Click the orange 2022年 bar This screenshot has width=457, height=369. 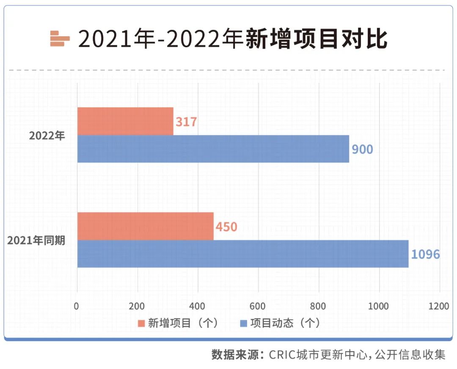point(125,121)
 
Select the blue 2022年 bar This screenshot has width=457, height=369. point(213,149)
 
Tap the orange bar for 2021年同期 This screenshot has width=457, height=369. point(145,226)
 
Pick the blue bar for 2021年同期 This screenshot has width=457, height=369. point(242,254)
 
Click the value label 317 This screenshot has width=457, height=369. point(186,122)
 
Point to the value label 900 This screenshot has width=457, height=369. point(362,149)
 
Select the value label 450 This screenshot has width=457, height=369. point(226,227)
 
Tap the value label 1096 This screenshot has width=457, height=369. point(426,254)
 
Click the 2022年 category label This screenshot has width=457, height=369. point(47,136)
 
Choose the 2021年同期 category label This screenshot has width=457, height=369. point(36,241)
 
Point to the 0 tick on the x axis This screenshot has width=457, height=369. point(77,306)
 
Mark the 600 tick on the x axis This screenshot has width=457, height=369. point(258,306)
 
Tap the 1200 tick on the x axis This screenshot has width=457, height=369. point(438,306)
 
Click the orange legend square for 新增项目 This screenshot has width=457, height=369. point(141,324)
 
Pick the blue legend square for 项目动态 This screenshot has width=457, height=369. point(243,324)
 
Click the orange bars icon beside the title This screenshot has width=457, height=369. point(60,39)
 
